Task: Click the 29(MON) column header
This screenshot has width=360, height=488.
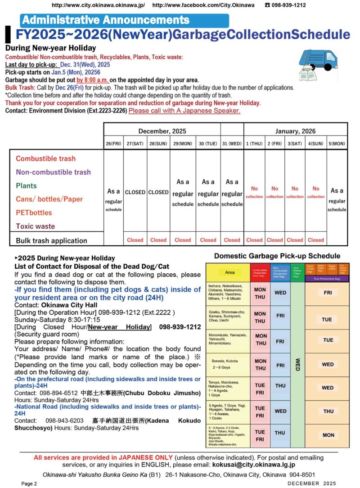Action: (x=183, y=144)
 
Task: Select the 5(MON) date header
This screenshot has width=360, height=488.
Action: (x=337, y=144)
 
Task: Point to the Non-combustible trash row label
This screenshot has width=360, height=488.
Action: (x=53, y=172)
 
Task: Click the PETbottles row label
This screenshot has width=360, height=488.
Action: (x=34, y=212)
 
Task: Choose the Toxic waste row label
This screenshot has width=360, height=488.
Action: (x=35, y=226)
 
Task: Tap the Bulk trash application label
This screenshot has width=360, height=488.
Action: (x=51, y=240)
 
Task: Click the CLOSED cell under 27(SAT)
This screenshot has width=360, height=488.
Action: (x=135, y=192)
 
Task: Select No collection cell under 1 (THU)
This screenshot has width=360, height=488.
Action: (x=254, y=192)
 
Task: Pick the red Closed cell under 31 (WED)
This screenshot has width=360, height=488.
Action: (x=232, y=240)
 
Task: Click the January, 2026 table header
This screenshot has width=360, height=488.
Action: (x=295, y=131)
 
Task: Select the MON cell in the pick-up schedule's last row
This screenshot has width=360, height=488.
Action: (x=328, y=435)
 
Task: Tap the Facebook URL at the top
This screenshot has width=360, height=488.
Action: (x=203, y=5)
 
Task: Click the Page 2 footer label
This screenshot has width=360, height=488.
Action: (x=29, y=483)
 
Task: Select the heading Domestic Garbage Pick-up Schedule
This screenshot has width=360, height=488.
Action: (x=277, y=256)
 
